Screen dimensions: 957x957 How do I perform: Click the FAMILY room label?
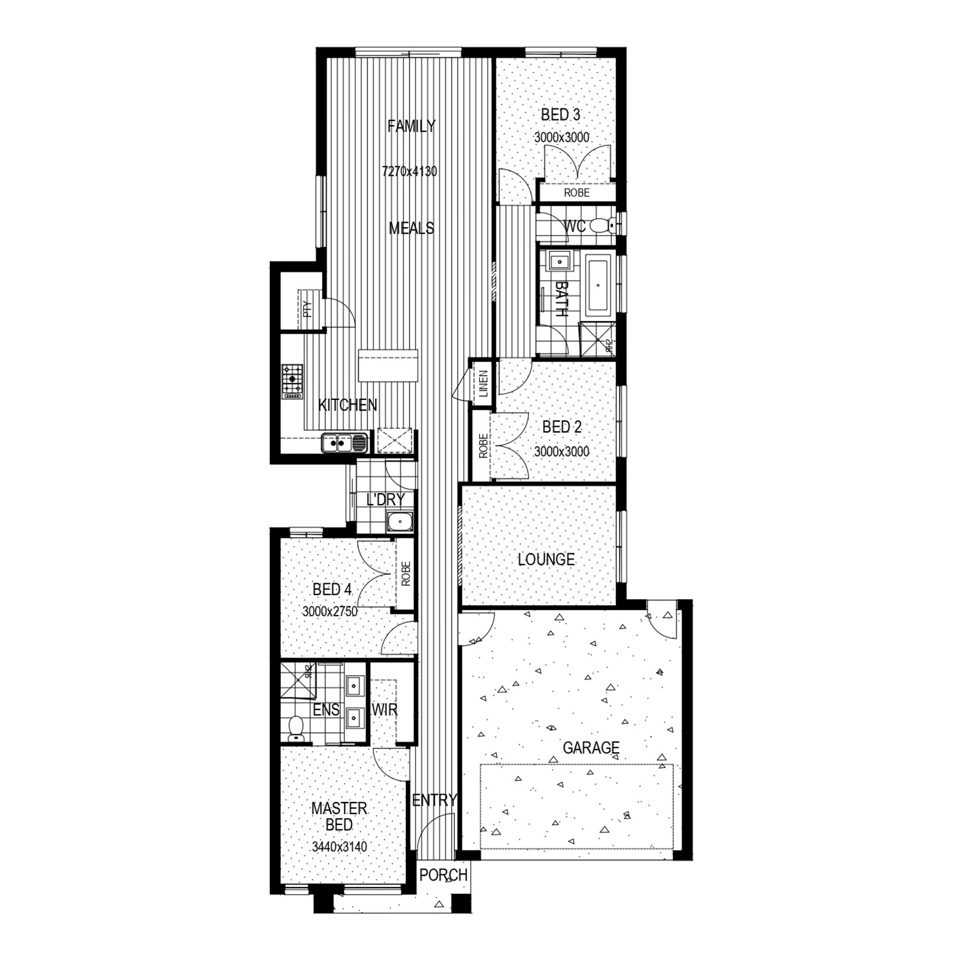click(412, 126)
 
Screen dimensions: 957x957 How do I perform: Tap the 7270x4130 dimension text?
click(409, 171)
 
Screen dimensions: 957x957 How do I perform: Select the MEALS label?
click(412, 228)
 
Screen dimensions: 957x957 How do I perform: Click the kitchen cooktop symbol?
click(292, 381)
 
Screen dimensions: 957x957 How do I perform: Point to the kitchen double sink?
click(344, 441)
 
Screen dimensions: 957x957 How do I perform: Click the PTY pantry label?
click(308, 309)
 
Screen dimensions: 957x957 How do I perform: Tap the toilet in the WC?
click(602, 225)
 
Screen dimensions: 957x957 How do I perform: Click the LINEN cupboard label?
click(483, 384)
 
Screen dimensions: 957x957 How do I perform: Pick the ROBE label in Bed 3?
click(576, 193)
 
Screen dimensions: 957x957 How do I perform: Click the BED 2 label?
click(561, 427)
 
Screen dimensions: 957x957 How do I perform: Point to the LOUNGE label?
click(546, 560)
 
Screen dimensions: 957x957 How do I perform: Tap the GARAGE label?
click(591, 747)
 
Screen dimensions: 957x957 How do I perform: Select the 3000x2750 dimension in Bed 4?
click(330, 611)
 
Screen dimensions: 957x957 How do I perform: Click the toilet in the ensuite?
click(296, 729)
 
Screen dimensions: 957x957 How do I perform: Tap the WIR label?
click(385, 709)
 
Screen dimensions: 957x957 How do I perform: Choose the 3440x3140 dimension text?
click(339, 847)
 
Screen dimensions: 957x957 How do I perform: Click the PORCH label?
click(443, 875)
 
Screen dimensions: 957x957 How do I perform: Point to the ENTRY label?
click(434, 800)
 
